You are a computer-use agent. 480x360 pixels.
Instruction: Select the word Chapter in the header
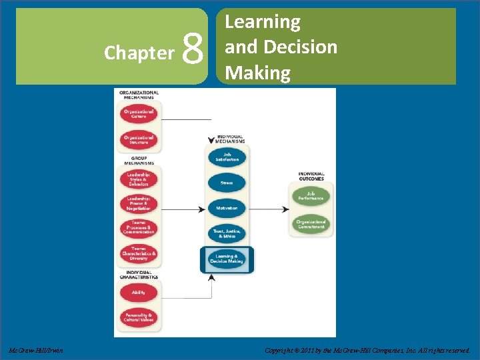(139, 53)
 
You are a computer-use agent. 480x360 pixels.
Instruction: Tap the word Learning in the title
(263, 22)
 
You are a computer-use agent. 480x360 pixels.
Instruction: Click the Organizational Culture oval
(139, 113)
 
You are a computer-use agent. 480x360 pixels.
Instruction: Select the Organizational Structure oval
(139, 140)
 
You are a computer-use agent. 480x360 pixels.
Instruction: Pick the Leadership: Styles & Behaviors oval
(139, 179)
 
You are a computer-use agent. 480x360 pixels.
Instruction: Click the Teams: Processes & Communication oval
(139, 229)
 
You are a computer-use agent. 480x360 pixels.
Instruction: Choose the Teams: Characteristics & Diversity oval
(139, 255)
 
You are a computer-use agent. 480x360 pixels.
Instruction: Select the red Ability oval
(139, 291)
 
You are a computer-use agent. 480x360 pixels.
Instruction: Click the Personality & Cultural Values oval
(139, 317)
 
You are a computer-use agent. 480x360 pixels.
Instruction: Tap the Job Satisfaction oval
(227, 157)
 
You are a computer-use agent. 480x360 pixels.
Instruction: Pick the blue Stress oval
(227, 183)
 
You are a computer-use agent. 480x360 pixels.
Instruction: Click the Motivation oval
(227, 208)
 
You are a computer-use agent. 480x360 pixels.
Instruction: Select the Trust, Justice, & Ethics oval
(227, 233)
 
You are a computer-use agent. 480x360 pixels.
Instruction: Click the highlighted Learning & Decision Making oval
(227, 259)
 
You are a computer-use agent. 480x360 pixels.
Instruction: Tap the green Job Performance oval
(311, 196)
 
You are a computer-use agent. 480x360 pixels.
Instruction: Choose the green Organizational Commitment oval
(311, 224)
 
